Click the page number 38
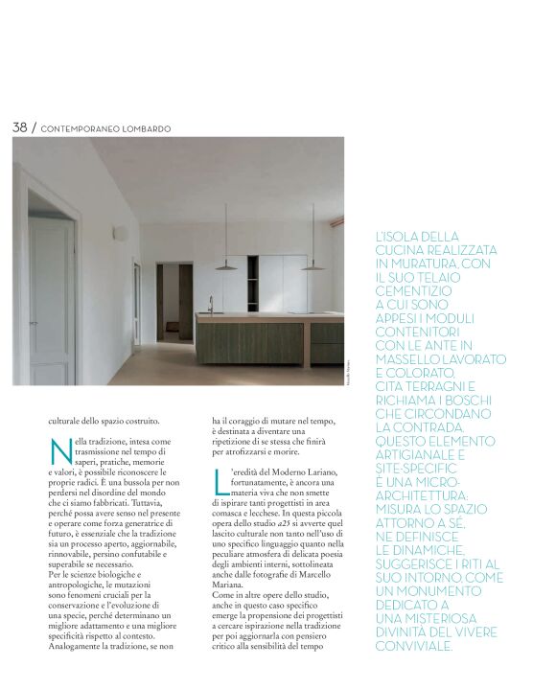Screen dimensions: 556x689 click(20, 126)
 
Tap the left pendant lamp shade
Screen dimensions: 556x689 click(226, 267)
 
